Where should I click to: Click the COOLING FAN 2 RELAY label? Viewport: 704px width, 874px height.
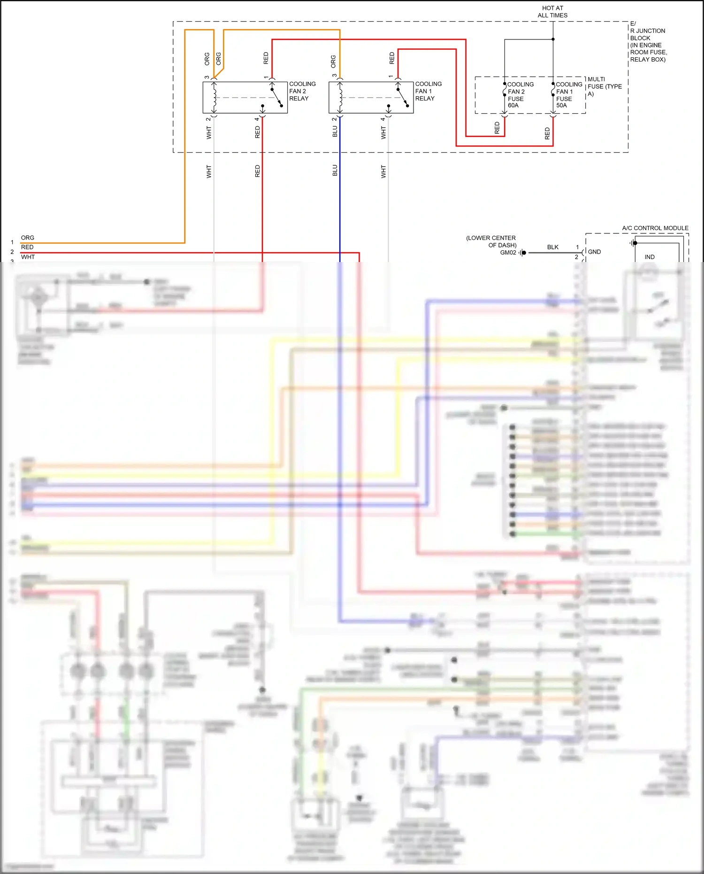[302, 91]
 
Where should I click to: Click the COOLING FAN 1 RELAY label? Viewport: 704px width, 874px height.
[428, 91]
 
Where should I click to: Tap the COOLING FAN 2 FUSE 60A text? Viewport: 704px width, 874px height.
[520, 95]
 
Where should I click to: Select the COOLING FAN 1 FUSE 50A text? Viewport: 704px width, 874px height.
[568, 95]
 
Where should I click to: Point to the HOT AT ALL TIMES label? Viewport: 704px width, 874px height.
[552, 12]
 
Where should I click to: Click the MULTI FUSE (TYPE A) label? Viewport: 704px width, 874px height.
[604, 86]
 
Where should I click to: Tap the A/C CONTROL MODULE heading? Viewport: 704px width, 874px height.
[655, 228]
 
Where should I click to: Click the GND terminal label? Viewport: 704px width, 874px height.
[594, 252]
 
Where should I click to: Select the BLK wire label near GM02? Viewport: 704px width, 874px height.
[552, 247]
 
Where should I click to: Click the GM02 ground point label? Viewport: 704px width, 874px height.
[508, 253]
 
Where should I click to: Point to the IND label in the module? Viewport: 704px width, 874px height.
[649, 257]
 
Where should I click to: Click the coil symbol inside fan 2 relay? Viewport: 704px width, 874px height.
[214, 98]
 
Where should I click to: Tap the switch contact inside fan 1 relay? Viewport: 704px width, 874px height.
[403, 97]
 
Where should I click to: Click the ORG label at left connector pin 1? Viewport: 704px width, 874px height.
[28, 238]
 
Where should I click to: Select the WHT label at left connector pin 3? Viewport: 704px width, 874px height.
[28, 257]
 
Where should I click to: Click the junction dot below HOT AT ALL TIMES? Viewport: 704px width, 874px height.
[553, 39]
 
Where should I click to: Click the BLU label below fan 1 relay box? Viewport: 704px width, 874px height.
[335, 131]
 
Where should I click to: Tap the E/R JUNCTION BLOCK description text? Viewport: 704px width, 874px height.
[648, 42]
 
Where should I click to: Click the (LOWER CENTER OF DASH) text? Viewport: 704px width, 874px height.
[491, 241]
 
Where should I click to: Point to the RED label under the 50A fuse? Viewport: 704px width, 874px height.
[547, 133]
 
